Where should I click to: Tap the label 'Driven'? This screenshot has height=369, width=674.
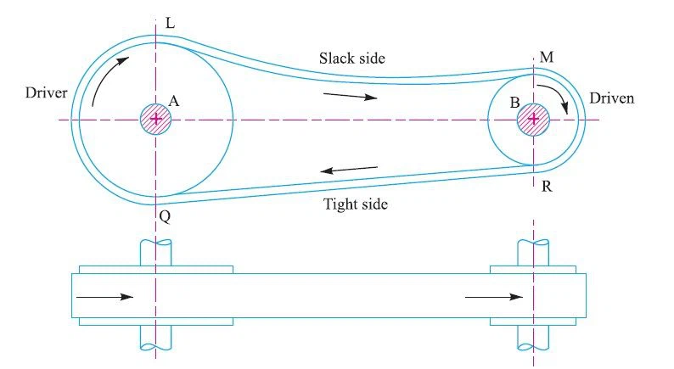612,98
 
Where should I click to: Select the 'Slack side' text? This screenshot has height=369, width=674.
352,59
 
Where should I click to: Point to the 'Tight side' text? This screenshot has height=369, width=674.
356,204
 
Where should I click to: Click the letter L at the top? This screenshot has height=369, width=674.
171,24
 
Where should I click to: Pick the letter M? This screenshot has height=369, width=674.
547,57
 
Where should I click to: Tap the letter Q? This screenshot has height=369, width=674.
165,217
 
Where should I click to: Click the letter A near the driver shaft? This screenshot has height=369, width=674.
174,100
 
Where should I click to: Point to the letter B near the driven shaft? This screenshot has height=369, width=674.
514,103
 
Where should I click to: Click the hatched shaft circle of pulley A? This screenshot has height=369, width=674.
156,119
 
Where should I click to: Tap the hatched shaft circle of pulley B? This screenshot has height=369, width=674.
533,119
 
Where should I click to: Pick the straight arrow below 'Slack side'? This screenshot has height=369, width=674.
350,96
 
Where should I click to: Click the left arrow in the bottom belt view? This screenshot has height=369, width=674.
104,297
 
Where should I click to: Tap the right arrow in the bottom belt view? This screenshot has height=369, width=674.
494,297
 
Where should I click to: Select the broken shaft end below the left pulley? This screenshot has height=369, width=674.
156,343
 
